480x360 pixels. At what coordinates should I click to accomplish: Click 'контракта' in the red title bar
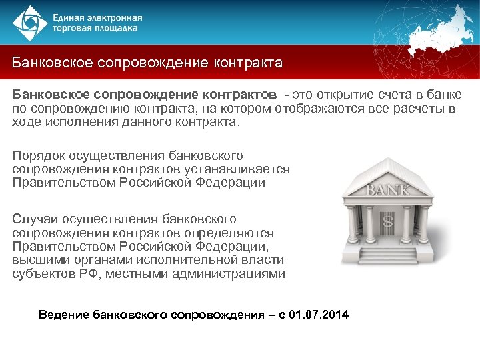coord(247,63)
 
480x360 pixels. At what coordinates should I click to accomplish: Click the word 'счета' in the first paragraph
coord(371,92)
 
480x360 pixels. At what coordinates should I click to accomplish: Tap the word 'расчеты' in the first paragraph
coord(421,107)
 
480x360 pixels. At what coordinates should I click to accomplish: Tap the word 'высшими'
coord(37,261)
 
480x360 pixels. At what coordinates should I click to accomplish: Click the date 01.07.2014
coord(319,314)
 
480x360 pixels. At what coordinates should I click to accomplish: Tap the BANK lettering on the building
coord(388,191)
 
